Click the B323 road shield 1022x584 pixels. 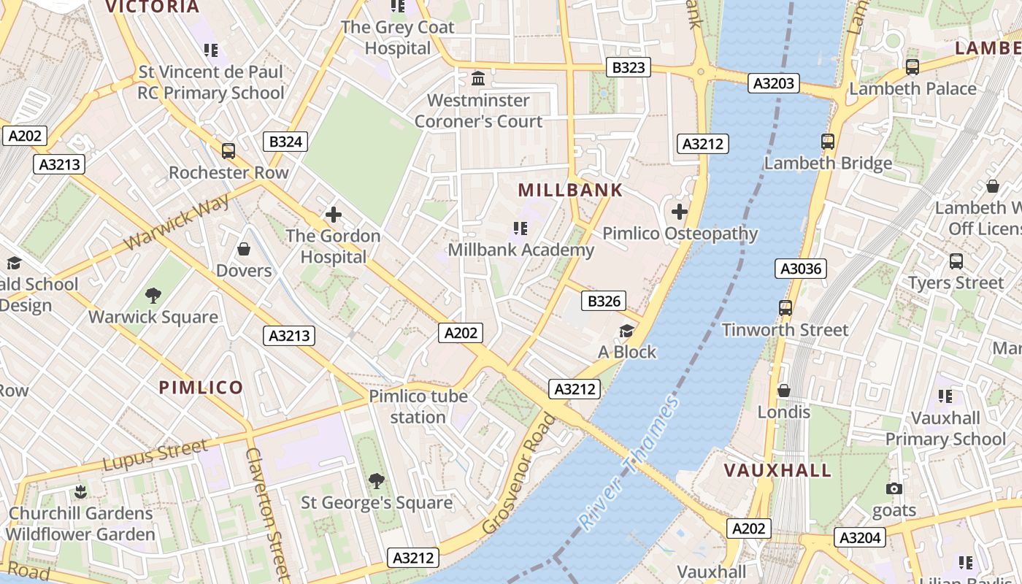pyautogui.click(x=629, y=68)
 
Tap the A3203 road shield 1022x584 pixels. pyautogui.click(x=774, y=83)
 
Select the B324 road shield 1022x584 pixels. pyautogui.click(x=285, y=142)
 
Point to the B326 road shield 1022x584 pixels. pyautogui.click(x=604, y=301)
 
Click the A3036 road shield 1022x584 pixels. pyautogui.click(x=801, y=269)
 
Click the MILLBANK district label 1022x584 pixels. pyautogui.click(x=571, y=191)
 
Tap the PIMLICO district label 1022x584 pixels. pyautogui.click(x=201, y=388)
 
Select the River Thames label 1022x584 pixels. pyautogui.click(x=629, y=462)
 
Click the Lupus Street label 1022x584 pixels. pyautogui.click(x=155, y=456)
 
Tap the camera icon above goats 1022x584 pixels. pyautogui.click(x=894, y=489)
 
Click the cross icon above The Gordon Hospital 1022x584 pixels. pyautogui.click(x=334, y=215)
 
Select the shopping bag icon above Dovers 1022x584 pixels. pyautogui.click(x=244, y=250)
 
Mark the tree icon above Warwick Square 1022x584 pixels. pyautogui.click(x=153, y=296)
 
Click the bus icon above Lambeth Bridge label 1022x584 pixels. pyautogui.click(x=828, y=142)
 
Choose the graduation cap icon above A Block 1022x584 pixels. pyautogui.click(x=626, y=331)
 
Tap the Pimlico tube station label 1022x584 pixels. pyautogui.click(x=418, y=407)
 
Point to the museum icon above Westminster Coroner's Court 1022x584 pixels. pyautogui.click(x=478, y=78)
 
